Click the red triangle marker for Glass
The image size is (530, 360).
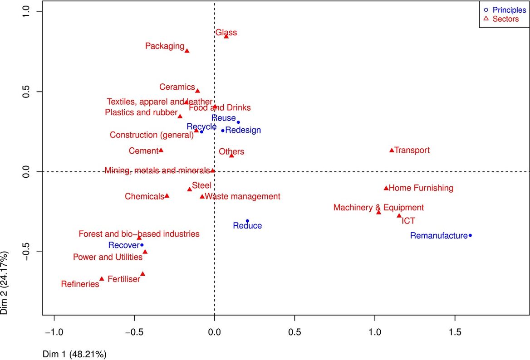[x=226, y=36]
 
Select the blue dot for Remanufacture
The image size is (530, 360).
[x=470, y=235]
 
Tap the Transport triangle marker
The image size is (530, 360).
[x=392, y=150]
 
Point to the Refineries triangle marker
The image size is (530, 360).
[x=102, y=279]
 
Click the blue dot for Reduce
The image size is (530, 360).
[x=247, y=221]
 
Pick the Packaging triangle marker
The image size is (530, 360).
[x=186, y=51]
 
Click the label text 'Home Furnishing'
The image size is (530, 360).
[x=421, y=188]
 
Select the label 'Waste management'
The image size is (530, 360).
[x=242, y=196]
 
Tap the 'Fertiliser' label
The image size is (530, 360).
[x=124, y=279]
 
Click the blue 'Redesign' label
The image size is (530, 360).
[x=243, y=130]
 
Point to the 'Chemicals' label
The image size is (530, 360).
[x=144, y=196]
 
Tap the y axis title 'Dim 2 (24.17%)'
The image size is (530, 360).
[x=5, y=281]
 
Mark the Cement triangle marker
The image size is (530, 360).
[x=161, y=150]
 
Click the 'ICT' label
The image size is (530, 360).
[x=408, y=221]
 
